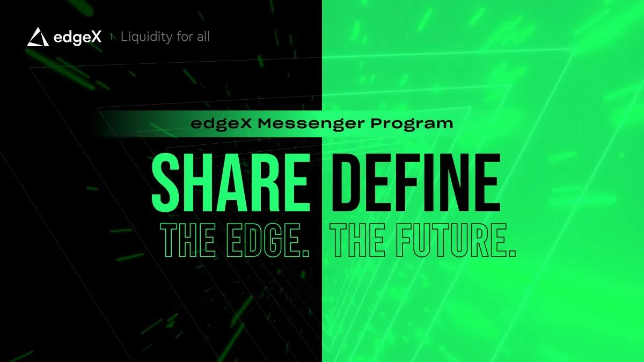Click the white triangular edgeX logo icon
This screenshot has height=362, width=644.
tap(38, 37)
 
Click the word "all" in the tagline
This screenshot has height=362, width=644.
tap(202, 37)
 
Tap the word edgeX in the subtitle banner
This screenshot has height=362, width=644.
tap(221, 123)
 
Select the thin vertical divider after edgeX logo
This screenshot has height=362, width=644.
tap(111, 37)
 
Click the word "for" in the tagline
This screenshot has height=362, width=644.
tap(181, 37)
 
